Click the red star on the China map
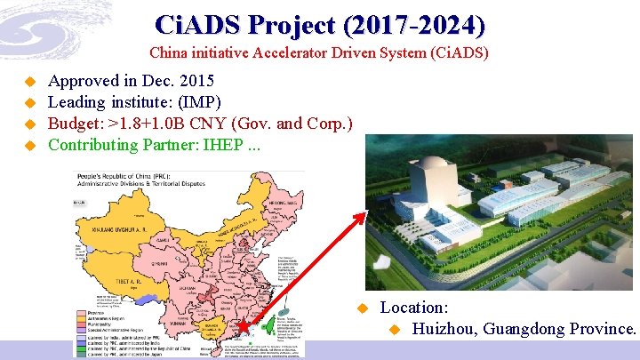click(x=244, y=327)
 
